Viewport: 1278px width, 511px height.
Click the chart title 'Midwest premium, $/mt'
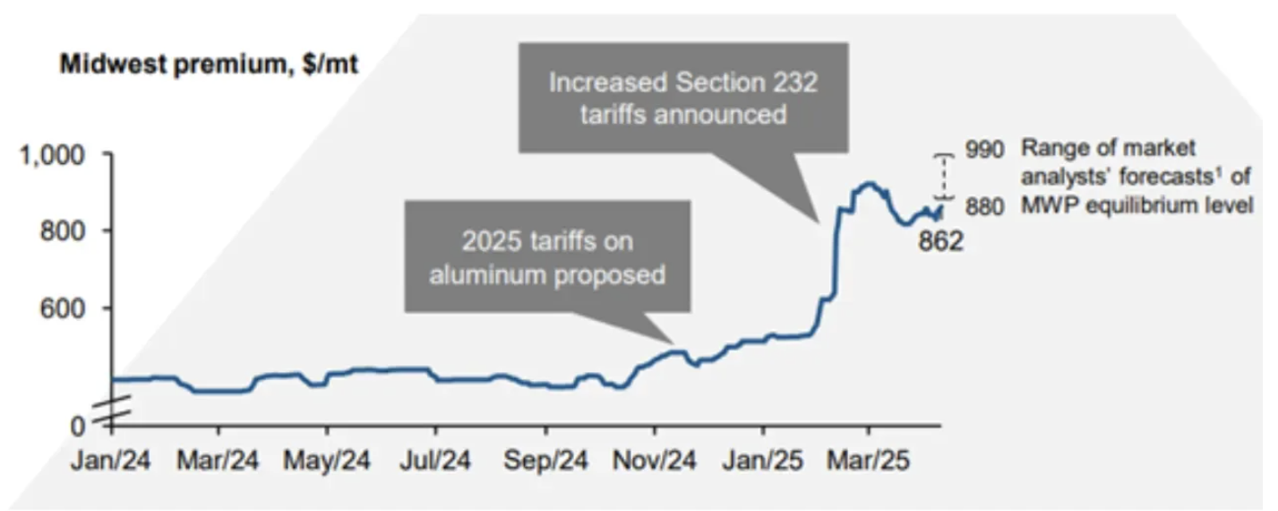(x=208, y=65)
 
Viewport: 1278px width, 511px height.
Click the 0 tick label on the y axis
(x=78, y=424)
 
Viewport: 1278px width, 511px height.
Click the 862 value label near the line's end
(x=940, y=241)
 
